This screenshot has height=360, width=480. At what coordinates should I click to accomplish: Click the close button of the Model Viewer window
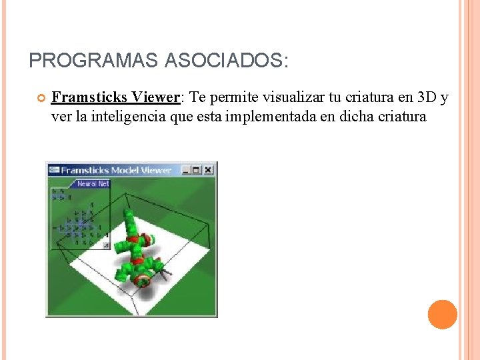[208, 170]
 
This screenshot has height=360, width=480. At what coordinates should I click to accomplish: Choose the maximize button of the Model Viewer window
[197, 170]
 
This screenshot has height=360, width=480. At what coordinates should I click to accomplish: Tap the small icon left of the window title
[54, 170]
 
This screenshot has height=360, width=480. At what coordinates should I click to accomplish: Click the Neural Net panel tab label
[93, 183]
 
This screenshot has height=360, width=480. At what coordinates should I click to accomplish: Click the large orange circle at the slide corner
[442, 315]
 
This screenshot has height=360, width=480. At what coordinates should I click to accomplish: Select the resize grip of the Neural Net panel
[106, 245]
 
